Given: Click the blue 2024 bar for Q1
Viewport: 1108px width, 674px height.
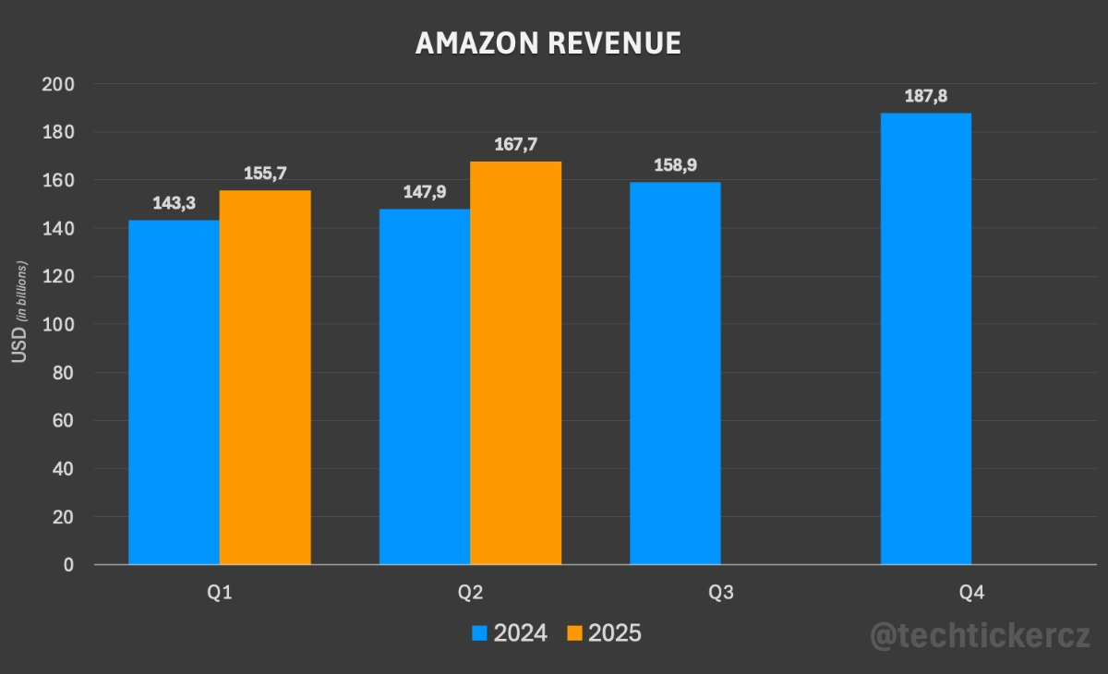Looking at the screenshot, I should [x=174, y=392].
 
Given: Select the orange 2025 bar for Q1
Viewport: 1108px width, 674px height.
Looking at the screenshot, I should [x=265, y=378].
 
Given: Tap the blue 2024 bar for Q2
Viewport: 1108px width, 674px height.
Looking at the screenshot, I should [x=425, y=387].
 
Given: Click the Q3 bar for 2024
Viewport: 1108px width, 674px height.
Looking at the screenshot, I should [x=675, y=373].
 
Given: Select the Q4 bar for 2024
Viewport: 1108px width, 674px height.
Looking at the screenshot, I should [x=926, y=339].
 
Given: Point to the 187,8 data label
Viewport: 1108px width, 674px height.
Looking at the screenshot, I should [x=926, y=96].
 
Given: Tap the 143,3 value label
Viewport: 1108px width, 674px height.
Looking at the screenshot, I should [x=174, y=203].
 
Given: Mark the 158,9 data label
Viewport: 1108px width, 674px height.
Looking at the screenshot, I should [x=675, y=165].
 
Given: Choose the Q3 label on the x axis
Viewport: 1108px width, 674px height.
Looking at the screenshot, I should [x=721, y=593].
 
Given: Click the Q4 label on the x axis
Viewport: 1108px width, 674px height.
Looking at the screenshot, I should [x=971, y=593].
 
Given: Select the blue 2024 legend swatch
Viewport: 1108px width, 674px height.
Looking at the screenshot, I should [x=479, y=633].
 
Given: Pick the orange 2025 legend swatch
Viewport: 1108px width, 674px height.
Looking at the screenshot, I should [x=574, y=633].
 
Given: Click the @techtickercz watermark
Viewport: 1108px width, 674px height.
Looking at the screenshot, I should [x=981, y=635].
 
